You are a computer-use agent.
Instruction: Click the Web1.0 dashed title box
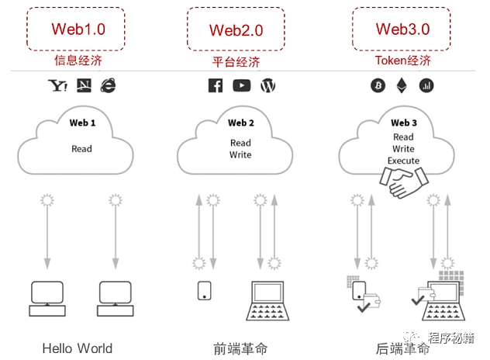pyautogui.click(x=78, y=29)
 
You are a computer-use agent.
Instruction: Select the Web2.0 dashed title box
pyautogui.click(x=236, y=29)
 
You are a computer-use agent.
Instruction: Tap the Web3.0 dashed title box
pyautogui.click(x=402, y=29)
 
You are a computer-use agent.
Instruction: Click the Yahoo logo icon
pyautogui.click(x=57, y=85)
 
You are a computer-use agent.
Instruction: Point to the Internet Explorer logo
pyautogui.click(x=108, y=85)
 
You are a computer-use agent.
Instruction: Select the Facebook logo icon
pyautogui.click(x=215, y=85)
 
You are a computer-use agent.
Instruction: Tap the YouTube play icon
pyautogui.click(x=241, y=85)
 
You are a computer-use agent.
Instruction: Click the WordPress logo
pyautogui.click(x=268, y=85)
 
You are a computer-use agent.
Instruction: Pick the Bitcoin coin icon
pyautogui.click(x=378, y=85)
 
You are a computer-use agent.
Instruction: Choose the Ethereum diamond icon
pyautogui.click(x=402, y=85)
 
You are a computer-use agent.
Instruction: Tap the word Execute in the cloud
pyautogui.click(x=403, y=161)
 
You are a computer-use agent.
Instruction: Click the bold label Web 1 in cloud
pyautogui.click(x=82, y=123)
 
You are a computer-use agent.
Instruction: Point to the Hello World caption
pyautogui.click(x=78, y=348)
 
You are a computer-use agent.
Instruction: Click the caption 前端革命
pyautogui.click(x=240, y=348)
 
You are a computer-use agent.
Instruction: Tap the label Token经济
pyautogui.click(x=402, y=61)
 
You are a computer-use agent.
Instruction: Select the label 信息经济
pyautogui.click(x=78, y=61)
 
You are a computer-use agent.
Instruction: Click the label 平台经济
pyautogui.click(x=236, y=61)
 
